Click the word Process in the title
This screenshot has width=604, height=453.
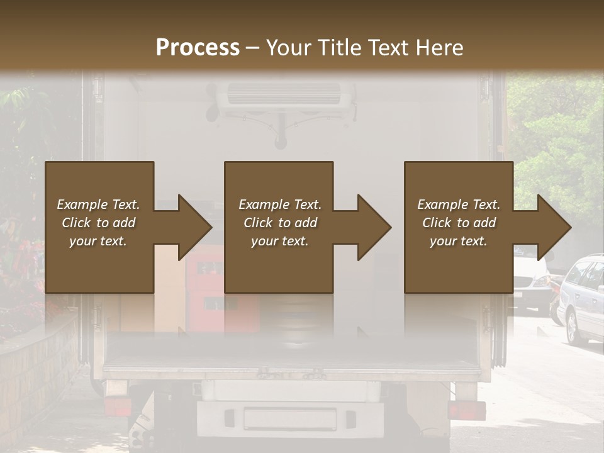pos(198,48)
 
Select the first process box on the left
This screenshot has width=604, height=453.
pos(99,227)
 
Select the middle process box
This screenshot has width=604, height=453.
pos(279,227)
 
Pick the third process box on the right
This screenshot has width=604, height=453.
pos(458,227)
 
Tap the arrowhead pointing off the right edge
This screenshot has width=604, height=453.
pos(553,227)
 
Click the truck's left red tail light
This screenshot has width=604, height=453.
pos(118,408)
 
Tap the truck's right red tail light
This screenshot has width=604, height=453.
pos(466,410)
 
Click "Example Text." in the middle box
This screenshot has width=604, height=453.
pos(280,204)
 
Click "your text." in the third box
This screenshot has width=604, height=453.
pos(458,241)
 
